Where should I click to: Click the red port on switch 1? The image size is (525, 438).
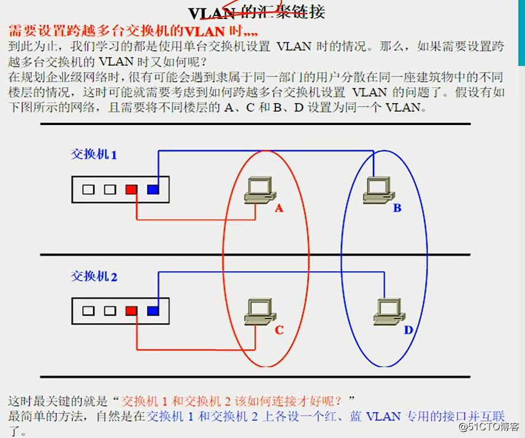pos(131,190)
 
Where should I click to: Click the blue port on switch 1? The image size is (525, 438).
pos(153,190)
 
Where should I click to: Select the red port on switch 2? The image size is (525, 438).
pos(131,311)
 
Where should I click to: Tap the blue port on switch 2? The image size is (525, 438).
pos(153,311)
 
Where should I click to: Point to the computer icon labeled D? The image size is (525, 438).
pos(387,312)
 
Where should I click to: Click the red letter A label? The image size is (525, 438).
pos(279,209)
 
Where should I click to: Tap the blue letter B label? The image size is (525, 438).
pos(397,209)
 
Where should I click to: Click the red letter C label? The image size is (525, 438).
pos(279,331)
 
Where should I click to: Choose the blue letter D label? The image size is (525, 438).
pos(408,331)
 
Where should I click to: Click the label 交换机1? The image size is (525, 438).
pos(94,155)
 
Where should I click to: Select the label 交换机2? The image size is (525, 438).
pos(94,276)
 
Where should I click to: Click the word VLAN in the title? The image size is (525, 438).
pos(212,13)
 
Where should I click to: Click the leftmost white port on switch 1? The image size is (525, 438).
pos(88,190)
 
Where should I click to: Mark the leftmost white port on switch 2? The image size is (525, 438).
pos(88,311)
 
